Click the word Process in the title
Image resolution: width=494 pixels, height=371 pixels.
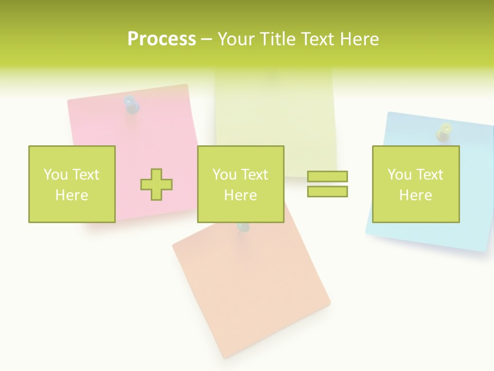162,39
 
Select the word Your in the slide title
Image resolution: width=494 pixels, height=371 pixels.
236,39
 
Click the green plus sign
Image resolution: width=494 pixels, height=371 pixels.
156,184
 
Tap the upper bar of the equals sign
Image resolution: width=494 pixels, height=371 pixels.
327,176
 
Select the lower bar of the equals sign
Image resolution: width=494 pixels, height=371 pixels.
327,191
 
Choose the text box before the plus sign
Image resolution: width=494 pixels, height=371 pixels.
72,184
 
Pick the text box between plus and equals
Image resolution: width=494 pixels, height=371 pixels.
240,184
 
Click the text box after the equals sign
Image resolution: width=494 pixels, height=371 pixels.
416,184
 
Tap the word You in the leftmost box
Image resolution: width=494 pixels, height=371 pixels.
55,175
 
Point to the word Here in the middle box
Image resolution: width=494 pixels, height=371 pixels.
240,195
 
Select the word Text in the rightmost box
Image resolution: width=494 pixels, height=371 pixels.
429,175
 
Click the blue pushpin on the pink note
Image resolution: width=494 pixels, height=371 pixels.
132,105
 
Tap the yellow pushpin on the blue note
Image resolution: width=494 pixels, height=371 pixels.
443,132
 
